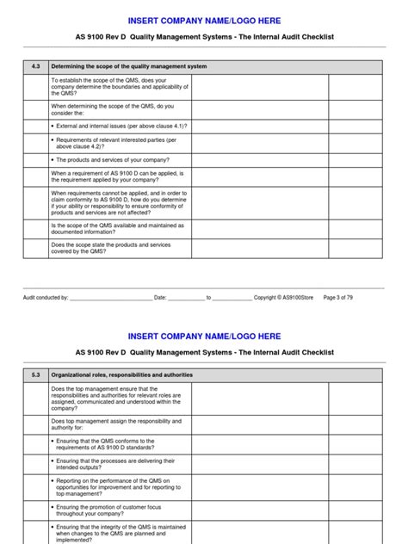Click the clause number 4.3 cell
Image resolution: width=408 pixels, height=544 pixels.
point(35,66)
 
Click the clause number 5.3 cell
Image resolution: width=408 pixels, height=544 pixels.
point(35,374)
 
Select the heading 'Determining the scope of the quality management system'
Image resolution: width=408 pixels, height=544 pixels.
point(129,66)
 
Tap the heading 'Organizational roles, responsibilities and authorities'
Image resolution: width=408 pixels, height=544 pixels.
point(122,374)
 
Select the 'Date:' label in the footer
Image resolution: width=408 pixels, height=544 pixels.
point(160,297)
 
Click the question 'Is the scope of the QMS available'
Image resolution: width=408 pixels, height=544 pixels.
point(117,229)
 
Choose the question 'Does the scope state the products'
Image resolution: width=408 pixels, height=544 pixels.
point(111,248)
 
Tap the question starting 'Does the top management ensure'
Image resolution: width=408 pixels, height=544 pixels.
point(116,396)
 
